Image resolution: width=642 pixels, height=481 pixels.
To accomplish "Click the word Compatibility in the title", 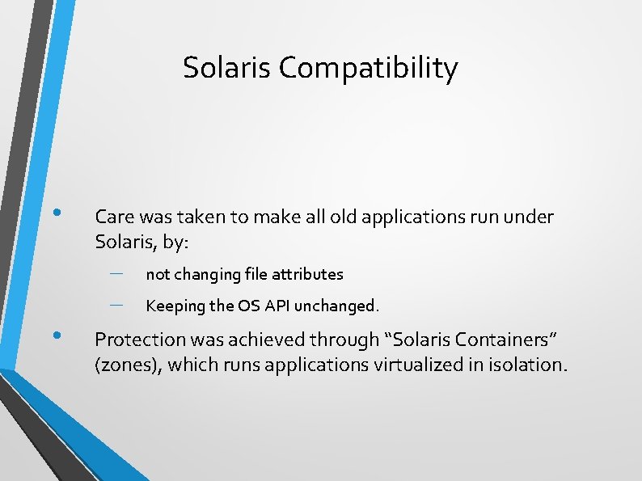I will point(368,69).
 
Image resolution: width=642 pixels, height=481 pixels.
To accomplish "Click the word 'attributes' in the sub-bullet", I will point(310,274).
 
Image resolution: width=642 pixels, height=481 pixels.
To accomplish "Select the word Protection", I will point(137,340).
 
